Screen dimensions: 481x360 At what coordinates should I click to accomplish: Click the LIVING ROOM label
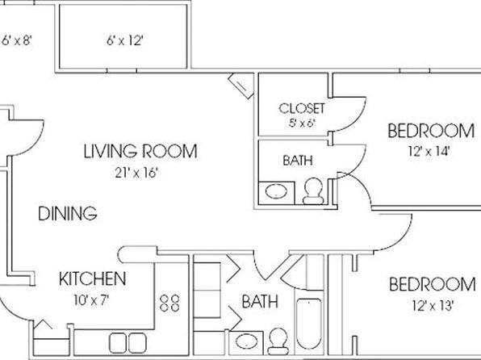pos(140,151)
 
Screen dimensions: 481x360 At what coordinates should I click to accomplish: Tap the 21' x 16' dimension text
pos(136,173)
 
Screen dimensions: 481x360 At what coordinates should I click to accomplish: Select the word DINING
pos(68,213)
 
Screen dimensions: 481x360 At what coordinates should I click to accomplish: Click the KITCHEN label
pos(92,278)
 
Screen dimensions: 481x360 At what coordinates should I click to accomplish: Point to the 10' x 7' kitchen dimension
pos(91,299)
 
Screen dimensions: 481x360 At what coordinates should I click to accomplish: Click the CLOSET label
pos(302,108)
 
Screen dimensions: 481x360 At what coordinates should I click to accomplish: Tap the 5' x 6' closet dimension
pos(302,123)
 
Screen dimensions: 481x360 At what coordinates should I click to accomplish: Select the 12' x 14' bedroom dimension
pos(429,151)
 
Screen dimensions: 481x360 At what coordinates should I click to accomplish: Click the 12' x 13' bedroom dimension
pos(433,306)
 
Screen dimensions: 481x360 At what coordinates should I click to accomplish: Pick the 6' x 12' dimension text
pos(125,40)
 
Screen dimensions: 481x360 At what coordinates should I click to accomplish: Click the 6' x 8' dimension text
pos(17,40)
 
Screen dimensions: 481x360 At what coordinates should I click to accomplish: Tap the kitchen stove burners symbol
pos(169,303)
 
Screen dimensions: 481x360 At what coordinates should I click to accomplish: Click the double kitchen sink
pos(128,343)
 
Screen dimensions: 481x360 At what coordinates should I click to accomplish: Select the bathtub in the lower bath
pos(309,324)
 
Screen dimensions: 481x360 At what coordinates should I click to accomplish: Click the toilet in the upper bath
pos(313,191)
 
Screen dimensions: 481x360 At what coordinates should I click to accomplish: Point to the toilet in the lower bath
pos(278,341)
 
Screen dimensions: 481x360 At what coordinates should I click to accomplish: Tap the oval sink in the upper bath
pos(276,191)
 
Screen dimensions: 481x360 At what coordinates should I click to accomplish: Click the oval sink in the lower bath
pos(246,341)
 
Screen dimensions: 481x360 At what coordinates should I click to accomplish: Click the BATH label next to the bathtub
pos(260,301)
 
